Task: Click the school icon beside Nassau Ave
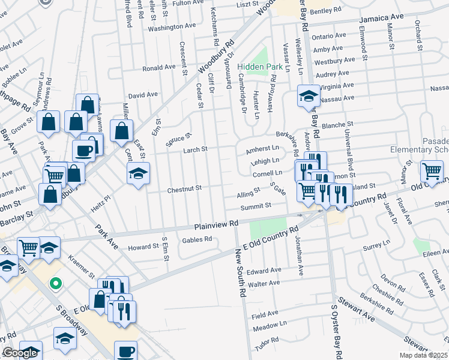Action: pos(309,95)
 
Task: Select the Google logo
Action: pos(20,353)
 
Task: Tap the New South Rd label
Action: pos(243,275)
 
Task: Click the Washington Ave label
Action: pos(172,27)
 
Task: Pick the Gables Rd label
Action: pos(200,239)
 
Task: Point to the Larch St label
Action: pos(195,149)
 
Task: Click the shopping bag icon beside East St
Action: pos(122,130)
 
